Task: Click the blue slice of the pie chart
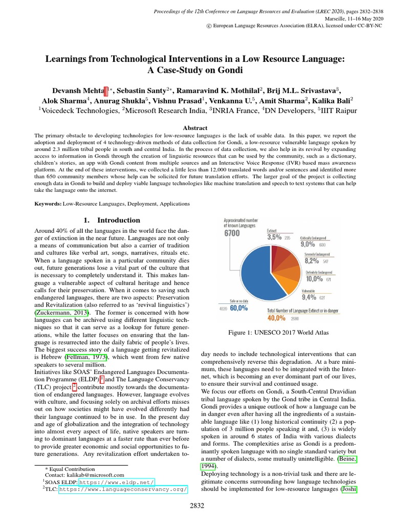click(256, 276)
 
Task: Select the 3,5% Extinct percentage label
click(274, 237)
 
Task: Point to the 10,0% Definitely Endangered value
click(314, 279)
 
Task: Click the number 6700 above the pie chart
click(231, 233)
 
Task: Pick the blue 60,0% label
click(239, 308)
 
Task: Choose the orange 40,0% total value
click(276, 317)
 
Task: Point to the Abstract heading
click(196, 128)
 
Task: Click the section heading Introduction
click(112, 220)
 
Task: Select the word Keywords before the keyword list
click(48, 204)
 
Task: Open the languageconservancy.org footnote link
click(123, 489)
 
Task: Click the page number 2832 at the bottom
click(196, 507)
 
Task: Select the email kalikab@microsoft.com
click(91, 475)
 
